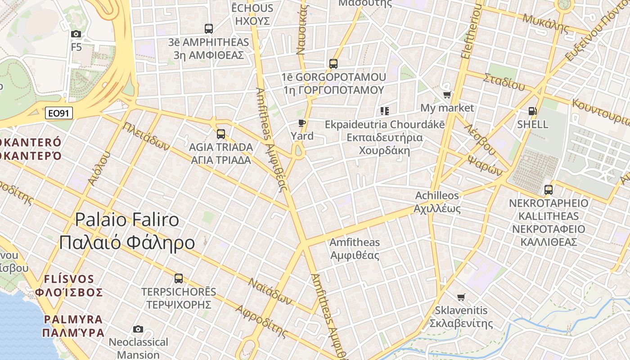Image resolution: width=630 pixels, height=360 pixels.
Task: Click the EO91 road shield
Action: point(59,113)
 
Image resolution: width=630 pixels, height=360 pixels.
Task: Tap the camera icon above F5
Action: point(76,34)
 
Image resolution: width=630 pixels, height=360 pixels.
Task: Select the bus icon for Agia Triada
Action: point(220,134)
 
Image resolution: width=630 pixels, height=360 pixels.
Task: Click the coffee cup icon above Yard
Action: point(302,123)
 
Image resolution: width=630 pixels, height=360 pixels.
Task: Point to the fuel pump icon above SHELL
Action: point(532,111)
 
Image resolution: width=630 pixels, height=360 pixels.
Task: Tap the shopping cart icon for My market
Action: point(447,95)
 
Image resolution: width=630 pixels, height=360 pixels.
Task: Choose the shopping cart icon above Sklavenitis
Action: point(461,297)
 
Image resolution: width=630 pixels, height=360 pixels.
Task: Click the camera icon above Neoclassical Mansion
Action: point(138,329)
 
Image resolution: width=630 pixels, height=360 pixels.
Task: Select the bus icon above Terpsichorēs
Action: point(179,278)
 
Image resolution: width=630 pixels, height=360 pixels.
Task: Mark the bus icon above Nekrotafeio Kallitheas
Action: point(548,189)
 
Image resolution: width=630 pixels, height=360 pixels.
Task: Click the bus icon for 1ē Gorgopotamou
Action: point(333,64)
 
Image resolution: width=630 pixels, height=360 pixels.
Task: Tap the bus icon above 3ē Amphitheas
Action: point(208,29)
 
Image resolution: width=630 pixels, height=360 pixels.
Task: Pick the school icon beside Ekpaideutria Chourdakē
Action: point(384,111)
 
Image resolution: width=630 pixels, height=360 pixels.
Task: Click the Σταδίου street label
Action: point(504,81)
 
